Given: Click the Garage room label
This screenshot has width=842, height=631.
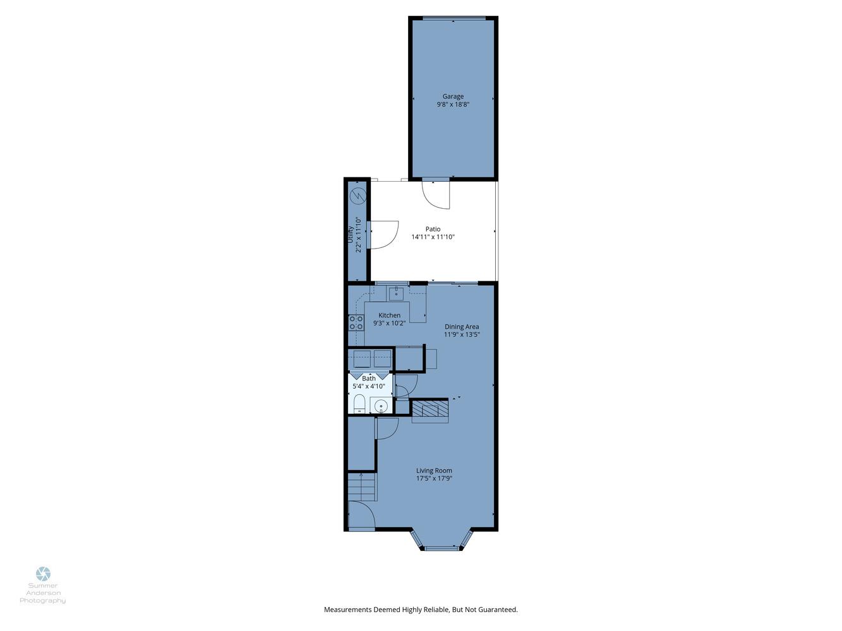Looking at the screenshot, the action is click(x=453, y=97).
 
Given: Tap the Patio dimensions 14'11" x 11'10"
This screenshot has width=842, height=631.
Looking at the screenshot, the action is click(x=433, y=237).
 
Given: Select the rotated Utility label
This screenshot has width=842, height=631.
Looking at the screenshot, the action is click(x=350, y=234).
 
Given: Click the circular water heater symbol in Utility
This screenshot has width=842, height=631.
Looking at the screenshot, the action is click(x=358, y=196).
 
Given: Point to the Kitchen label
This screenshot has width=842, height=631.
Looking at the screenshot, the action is click(x=389, y=315).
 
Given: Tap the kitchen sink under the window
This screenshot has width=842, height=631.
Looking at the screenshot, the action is click(x=396, y=294).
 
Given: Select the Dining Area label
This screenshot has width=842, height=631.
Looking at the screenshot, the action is click(x=462, y=327).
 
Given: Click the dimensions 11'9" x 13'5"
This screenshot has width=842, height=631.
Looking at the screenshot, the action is click(x=462, y=334).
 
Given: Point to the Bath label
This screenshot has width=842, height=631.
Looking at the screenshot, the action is click(x=369, y=379).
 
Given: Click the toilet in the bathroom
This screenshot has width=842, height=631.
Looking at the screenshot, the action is click(x=359, y=404).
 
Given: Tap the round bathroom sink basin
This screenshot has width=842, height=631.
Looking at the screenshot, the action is click(x=381, y=405).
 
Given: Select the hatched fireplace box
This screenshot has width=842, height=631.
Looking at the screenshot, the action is click(x=430, y=408).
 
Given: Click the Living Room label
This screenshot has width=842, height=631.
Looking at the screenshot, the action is click(x=434, y=471).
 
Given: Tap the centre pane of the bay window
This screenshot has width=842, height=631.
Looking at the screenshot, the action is click(x=442, y=548).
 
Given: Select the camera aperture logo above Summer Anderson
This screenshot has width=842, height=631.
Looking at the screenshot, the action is click(x=43, y=574).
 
